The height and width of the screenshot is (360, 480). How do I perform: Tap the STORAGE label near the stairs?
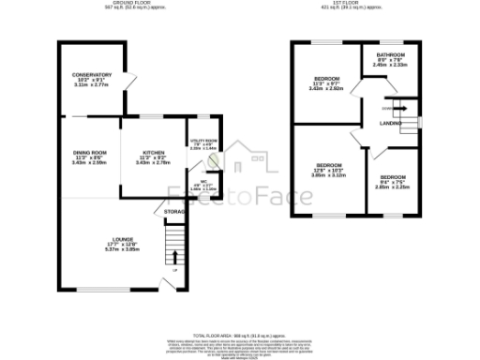(174, 212)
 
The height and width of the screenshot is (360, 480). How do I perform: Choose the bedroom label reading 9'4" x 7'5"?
(392, 178)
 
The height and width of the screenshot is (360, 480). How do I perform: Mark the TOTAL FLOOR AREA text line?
(239, 334)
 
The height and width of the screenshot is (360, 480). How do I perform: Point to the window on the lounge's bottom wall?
(98, 287)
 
